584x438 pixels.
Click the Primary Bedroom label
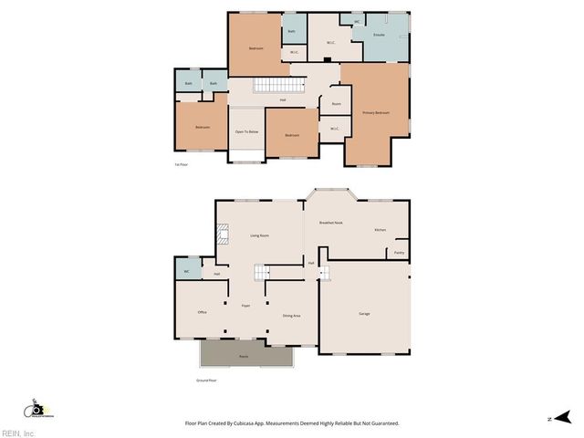[x=376, y=112]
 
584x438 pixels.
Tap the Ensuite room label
[x=379, y=35]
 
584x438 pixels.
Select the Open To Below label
[x=246, y=132]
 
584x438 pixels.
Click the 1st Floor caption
[x=181, y=164]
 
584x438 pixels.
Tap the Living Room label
[x=259, y=235]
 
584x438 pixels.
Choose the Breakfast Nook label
[x=330, y=223]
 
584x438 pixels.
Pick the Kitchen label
[x=380, y=230]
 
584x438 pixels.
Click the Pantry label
[x=400, y=253]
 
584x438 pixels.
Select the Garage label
[x=364, y=314]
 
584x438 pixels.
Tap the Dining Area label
[x=291, y=316]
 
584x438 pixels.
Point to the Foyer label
[x=245, y=306]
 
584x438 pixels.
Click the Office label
[x=202, y=312]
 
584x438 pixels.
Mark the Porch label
[x=244, y=356]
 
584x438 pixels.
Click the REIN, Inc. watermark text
[x=18, y=433]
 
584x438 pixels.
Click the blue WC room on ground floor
[x=186, y=271]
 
